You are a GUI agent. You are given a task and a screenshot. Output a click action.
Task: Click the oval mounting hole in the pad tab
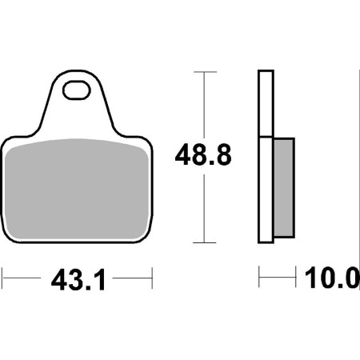77,90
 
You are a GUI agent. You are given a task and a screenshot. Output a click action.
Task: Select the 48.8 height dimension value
203,154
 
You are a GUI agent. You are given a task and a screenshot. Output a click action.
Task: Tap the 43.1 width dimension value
78,280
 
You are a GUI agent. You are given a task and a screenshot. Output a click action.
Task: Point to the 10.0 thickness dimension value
332,278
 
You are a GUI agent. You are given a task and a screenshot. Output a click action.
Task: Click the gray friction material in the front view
77,189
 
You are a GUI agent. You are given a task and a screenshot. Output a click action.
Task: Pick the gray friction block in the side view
284,187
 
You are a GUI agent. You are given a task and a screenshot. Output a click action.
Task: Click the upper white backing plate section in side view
266,103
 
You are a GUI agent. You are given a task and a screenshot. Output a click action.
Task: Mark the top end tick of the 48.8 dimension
205,72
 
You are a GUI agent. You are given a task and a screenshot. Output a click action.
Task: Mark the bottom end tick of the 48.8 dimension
204,242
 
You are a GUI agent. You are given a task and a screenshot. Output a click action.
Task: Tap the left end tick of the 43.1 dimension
2,278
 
